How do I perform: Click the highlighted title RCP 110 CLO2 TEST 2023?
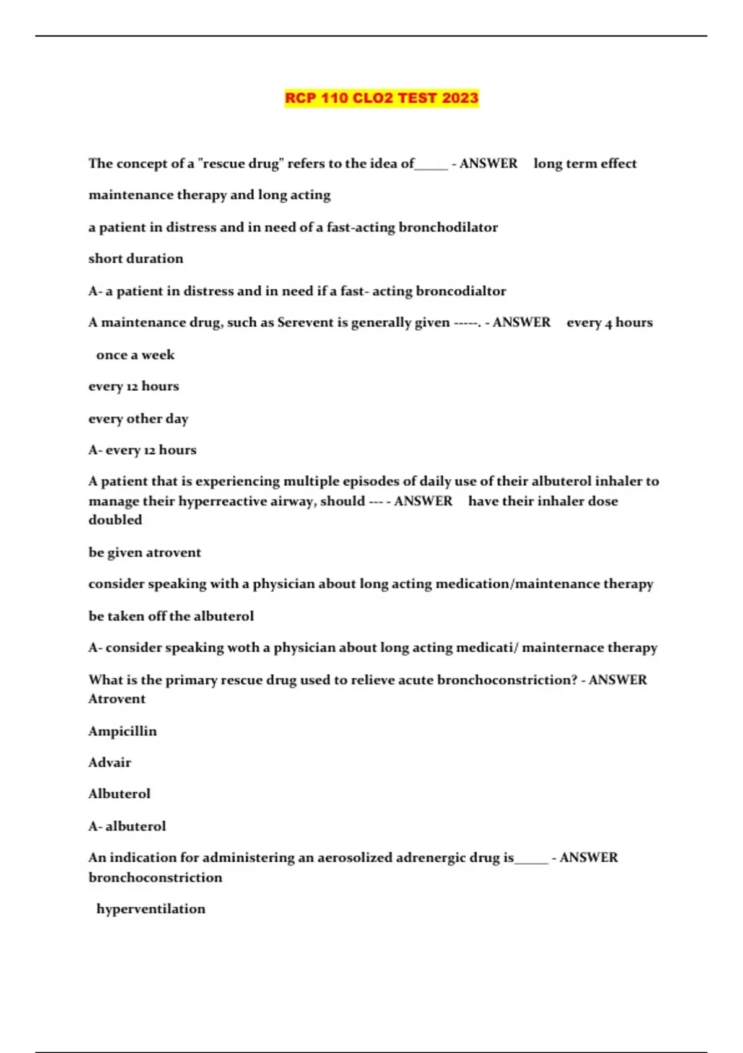pyautogui.click(x=381, y=98)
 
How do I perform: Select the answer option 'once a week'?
pyautogui.click(x=135, y=355)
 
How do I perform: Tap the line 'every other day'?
pyautogui.click(x=138, y=419)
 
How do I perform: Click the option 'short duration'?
pyautogui.click(x=136, y=258)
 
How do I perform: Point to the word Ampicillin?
pyautogui.click(x=123, y=731)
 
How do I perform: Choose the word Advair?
pyautogui.click(x=110, y=762)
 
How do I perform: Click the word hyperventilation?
pyautogui.click(x=150, y=909)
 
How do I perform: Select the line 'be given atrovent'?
pyautogui.click(x=144, y=553)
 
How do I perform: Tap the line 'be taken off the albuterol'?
pyautogui.click(x=171, y=616)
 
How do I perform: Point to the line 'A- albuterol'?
pyautogui.click(x=127, y=826)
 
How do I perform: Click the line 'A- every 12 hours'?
pyautogui.click(x=142, y=450)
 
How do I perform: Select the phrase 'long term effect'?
pyautogui.click(x=584, y=164)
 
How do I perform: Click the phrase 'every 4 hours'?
pyautogui.click(x=609, y=323)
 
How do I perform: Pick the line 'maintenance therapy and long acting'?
pyautogui.click(x=209, y=195)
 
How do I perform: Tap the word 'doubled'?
pyautogui.click(x=115, y=520)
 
